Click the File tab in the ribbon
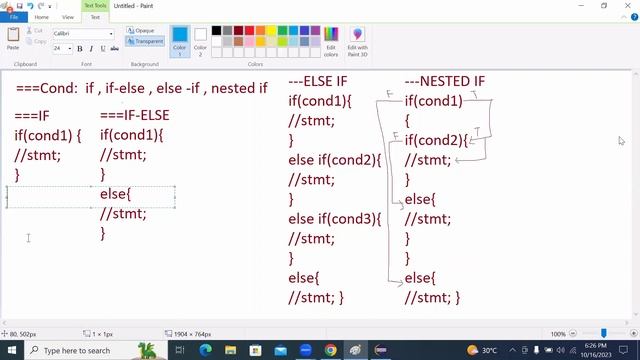[x=14, y=17]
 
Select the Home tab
[x=41, y=17]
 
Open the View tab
[x=68, y=17]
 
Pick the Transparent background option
[x=147, y=41]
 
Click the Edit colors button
[x=331, y=40]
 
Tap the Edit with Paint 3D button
[x=357, y=40]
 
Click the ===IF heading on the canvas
[x=32, y=116]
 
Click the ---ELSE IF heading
[x=318, y=81]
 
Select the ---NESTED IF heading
[x=444, y=81]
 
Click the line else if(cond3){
[x=335, y=219]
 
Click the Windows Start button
[x=12, y=350]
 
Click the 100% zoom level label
[x=558, y=334]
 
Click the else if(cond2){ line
[x=335, y=160]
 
